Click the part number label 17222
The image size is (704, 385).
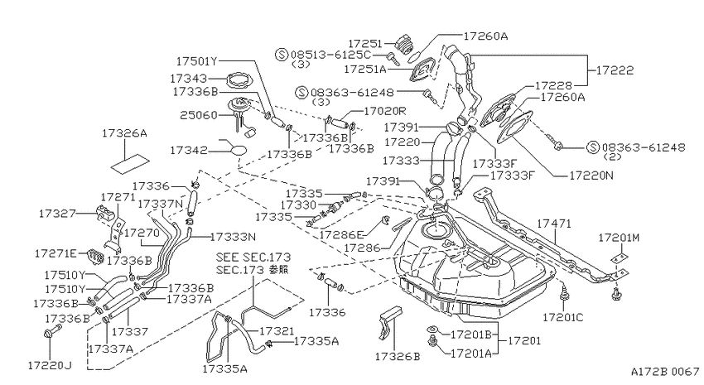pos(615,70)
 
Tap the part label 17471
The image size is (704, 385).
pos(554,224)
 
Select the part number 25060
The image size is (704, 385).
pos(199,115)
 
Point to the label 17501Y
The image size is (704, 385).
pos(196,61)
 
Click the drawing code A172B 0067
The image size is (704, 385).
pos(665,372)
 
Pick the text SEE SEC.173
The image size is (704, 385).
pos(253,257)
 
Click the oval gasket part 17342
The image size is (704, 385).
pos(239,151)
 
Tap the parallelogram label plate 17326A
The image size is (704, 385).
pos(130,163)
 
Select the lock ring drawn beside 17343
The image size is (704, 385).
pos(240,82)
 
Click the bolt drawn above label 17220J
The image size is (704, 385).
pos(51,332)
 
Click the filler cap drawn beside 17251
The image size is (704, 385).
pos(404,44)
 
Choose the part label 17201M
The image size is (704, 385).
pos(618,238)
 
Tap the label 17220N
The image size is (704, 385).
pos(591,176)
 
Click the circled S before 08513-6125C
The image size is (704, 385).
pos(282,55)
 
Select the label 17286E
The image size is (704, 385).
pos(340,234)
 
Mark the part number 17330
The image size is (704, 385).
pos(298,205)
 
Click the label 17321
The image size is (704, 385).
pos(277,331)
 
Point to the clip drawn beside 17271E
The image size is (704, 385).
pos(95,256)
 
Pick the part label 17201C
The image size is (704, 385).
pos(563,318)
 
